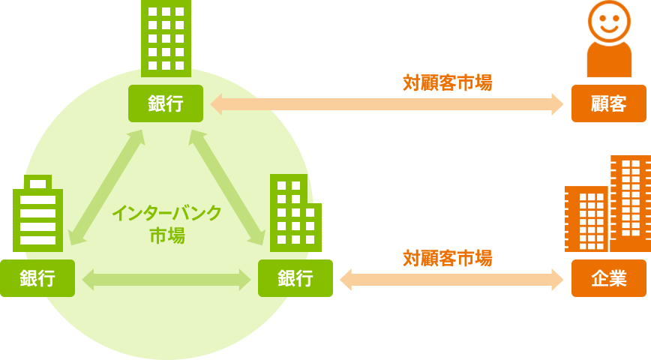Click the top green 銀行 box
click(166, 103)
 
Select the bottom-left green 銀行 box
click(37, 278)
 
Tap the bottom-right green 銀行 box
click(295, 278)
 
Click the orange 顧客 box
click(608, 103)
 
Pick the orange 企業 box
click(608, 278)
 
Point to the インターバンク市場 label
click(166, 223)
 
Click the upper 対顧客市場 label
click(447, 82)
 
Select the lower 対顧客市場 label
click(447, 258)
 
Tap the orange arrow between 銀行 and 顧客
click(386, 104)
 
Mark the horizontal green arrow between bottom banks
click(166, 280)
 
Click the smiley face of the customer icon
click(608, 21)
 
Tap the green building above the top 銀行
click(166, 37)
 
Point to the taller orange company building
click(630, 202)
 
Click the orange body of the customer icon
click(608, 61)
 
